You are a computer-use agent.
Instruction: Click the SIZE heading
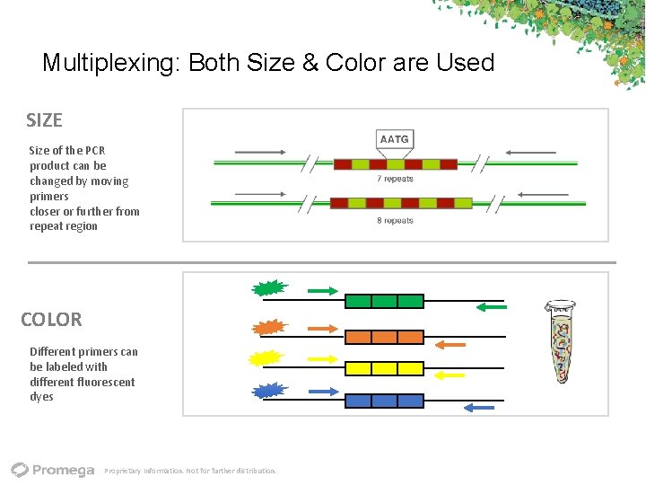44,119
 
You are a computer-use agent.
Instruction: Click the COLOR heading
51,319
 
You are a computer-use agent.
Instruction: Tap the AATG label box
394,139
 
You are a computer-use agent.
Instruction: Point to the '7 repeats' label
395,179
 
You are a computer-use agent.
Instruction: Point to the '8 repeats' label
395,220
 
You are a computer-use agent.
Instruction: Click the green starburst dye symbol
267,288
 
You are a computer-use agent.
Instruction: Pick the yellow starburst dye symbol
266,358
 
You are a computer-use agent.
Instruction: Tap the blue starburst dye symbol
267,392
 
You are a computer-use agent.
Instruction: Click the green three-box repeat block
384,301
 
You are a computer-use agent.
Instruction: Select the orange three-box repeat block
384,337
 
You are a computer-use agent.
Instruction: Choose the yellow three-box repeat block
384,368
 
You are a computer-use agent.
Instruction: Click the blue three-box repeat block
384,401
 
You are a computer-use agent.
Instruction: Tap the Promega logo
53,469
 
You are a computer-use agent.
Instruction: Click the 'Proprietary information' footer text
190,471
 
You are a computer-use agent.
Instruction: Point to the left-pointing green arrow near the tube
491,307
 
